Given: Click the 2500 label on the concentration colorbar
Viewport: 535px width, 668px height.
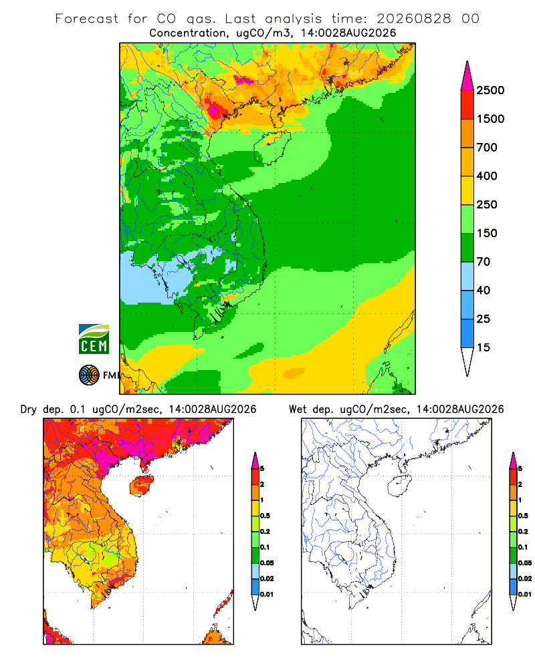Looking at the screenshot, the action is (x=490, y=90).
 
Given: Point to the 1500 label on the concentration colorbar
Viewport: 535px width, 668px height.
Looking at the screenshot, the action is (x=490, y=119).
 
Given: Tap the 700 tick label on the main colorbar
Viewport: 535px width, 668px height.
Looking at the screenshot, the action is (x=487, y=148).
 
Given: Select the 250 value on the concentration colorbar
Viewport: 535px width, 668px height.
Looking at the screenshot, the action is (x=487, y=204).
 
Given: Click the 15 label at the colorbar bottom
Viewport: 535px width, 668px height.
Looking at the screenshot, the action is (x=484, y=347).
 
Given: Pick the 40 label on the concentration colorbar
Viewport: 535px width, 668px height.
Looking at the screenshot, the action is (x=484, y=291).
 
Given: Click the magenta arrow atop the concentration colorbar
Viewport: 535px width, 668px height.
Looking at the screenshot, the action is (x=467, y=76).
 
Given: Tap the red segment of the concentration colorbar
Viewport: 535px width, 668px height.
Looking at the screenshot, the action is (x=467, y=105).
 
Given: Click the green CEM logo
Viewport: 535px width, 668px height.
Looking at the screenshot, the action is (x=94, y=339).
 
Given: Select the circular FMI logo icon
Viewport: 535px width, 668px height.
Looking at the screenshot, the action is (x=89, y=375).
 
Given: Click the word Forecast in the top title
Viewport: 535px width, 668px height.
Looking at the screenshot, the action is (x=87, y=19).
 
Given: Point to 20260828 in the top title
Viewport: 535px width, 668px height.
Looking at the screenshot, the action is (x=413, y=19).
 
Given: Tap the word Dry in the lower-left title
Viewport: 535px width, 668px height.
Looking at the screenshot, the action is (x=29, y=409).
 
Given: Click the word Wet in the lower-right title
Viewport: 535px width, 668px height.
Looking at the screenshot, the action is (x=298, y=409).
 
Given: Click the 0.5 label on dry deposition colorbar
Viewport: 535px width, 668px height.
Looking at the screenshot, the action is (x=265, y=516).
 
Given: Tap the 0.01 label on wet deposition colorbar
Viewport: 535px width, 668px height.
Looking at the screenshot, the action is (x=525, y=595).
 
